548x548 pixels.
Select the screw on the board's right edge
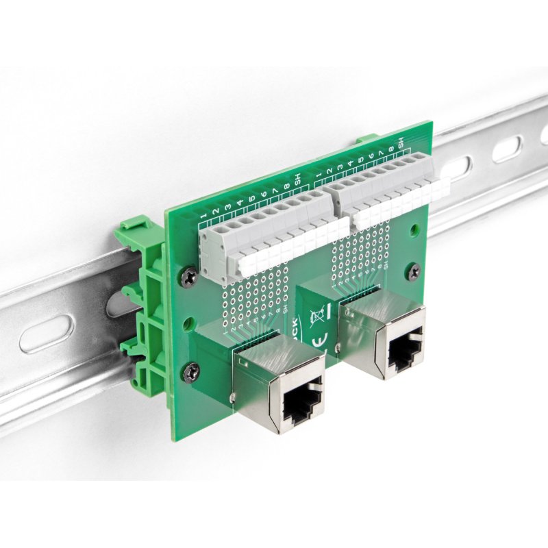tap(413, 272)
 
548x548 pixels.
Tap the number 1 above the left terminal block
tap(203, 218)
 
